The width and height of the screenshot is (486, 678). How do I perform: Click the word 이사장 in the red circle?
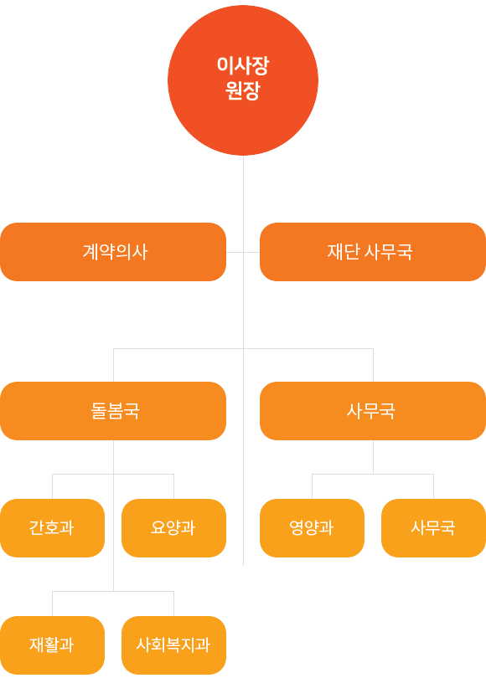pyautogui.click(x=243, y=65)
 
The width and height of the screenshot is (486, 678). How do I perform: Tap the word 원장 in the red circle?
pyautogui.click(x=243, y=90)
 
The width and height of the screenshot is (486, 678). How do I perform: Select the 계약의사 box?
pyautogui.click(x=113, y=252)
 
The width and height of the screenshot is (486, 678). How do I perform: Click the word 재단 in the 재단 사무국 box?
pyautogui.click(x=344, y=252)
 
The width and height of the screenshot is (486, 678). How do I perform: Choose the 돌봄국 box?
pyautogui.click(x=113, y=411)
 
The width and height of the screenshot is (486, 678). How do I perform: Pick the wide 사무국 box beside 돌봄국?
pyautogui.click(x=373, y=411)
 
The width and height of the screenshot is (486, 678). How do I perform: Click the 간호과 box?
pyautogui.click(x=52, y=528)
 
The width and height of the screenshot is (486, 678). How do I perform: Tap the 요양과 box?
pyautogui.click(x=173, y=528)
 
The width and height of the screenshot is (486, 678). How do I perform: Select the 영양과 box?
pyautogui.click(x=312, y=528)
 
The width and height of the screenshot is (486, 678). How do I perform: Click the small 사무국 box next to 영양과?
pyautogui.click(x=433, y=528)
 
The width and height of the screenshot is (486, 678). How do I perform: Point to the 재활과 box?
pyautogui.click(x=52, y=645)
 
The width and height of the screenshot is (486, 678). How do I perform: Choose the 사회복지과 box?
pyautogui.click(x=173, y=645)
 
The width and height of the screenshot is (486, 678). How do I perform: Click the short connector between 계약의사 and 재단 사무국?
pyautogui.click(x=243, y=252)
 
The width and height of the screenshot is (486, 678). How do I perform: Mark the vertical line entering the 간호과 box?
pyautogui.click(x=52, y=486)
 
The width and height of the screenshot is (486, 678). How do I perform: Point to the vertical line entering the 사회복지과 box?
pyautogui.click(x=173, y=604)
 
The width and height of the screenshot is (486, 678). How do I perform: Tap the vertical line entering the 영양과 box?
pyautogui.click(x=312, y=486)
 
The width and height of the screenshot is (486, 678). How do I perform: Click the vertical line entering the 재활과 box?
pyautogui.click(x=52, y=604)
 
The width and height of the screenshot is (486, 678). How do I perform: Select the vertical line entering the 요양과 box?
pyautogui.click(x=173, y=486)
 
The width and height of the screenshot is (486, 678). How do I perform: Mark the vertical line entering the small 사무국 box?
pyautogui.click(x=433, y=486)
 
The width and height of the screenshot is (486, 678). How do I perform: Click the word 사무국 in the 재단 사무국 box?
pyautogui.click(x=388, y=252)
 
